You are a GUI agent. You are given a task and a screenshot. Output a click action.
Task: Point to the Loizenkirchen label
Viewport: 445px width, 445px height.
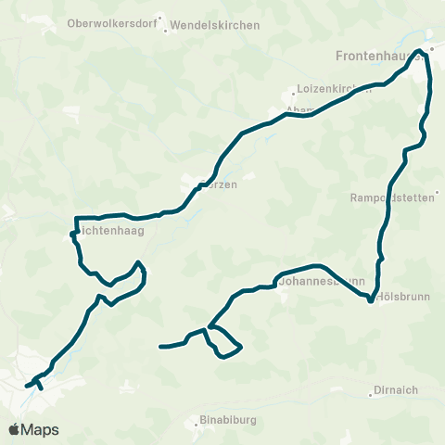coord(333,90)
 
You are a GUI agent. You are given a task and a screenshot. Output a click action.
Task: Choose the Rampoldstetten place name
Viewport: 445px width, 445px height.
coord(393,197)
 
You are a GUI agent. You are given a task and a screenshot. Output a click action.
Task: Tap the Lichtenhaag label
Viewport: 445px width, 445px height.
coord(110,231)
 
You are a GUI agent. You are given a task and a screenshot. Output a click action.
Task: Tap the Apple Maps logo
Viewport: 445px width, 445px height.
coord(34,429)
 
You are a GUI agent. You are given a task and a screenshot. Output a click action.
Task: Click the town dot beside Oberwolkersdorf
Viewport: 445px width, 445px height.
coord(159,18)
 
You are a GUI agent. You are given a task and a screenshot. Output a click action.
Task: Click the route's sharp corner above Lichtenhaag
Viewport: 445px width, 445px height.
coord(74,217)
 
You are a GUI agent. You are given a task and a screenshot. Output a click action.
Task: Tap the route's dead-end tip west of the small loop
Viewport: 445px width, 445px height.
coord(161,347)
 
